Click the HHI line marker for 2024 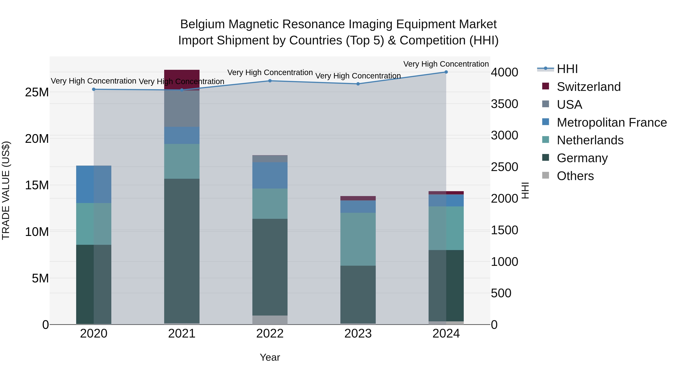[446, 72]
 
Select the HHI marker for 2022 [270, 81]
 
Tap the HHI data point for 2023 [358, 84]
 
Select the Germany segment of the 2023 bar [358, 294]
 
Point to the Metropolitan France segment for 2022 [270, 175]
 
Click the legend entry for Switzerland [588, 87]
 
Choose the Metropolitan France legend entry [612, 122]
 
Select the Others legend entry [575, 176]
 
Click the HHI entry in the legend [567, 69]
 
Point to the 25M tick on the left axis [37, 92]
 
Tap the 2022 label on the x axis [270, 334]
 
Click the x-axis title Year [270, 357]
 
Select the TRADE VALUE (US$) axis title [6, 190]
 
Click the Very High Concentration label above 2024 [446, 64]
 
